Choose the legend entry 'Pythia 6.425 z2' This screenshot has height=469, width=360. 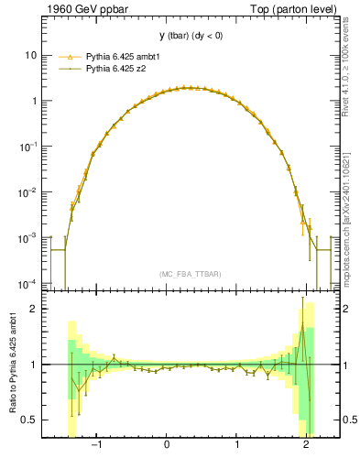click(115, 69)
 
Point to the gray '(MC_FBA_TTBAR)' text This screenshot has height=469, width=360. click(191, 273)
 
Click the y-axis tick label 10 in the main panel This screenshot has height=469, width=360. click(30, 55)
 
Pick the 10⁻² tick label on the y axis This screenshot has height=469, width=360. click(28, 191)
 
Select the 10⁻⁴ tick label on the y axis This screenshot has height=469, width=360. click(28, 282)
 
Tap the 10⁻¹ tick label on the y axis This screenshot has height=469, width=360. click(28, 146)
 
